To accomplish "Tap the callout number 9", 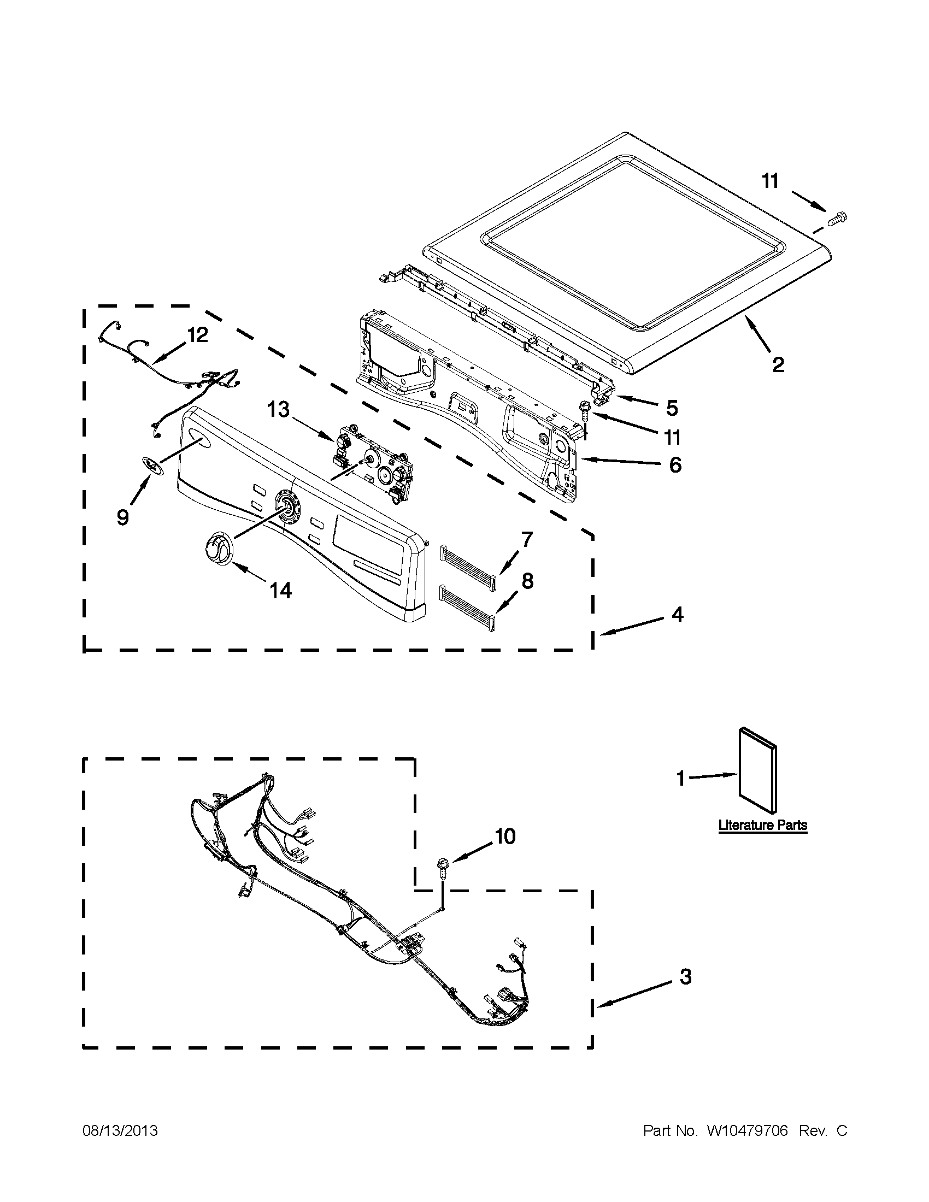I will point(123,517).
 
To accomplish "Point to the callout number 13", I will point(279,409).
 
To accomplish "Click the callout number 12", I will point(198,334).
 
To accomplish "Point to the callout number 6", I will point(675,464).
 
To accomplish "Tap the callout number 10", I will point(505,836).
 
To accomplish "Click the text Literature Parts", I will point(762,840).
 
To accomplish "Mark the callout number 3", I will point(685,976).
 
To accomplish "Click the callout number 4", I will point(678,614).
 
